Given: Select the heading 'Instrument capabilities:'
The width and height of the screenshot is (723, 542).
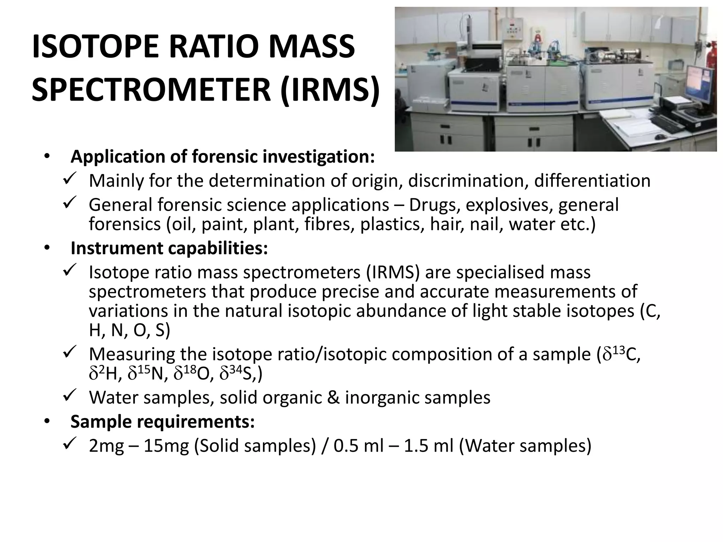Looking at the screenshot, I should [169, 248].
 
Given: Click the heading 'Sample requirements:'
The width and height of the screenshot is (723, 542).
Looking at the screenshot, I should [162, 421].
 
